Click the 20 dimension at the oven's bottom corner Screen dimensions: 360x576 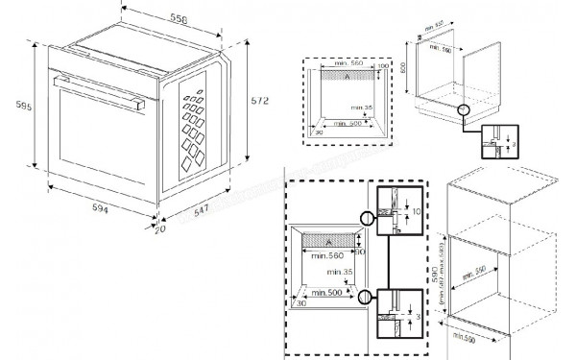(160, 228)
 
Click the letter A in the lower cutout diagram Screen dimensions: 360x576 (327, 242)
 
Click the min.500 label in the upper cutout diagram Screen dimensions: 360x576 (349, 124)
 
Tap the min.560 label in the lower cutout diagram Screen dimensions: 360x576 (323, 255)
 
